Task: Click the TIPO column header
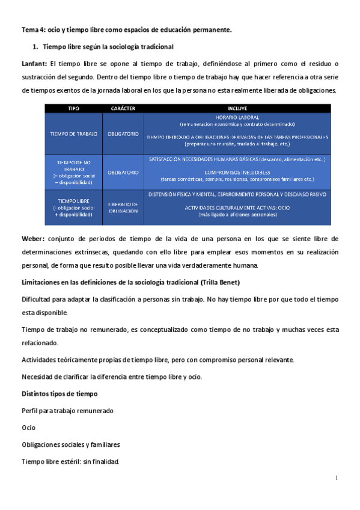coord(73,108)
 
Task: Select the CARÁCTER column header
coord(123,108)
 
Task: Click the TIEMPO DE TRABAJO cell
coord(74,133)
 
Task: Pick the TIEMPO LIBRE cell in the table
coord(74,204)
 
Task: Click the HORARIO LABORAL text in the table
coord(237,117)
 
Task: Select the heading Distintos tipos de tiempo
coord(56,393)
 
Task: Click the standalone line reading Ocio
coord(28,428)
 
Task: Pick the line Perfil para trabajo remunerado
coord(67,410)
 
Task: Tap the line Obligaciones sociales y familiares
coord(70,444)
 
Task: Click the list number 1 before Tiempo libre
coord(35,46)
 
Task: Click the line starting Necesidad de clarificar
coord(111,376)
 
